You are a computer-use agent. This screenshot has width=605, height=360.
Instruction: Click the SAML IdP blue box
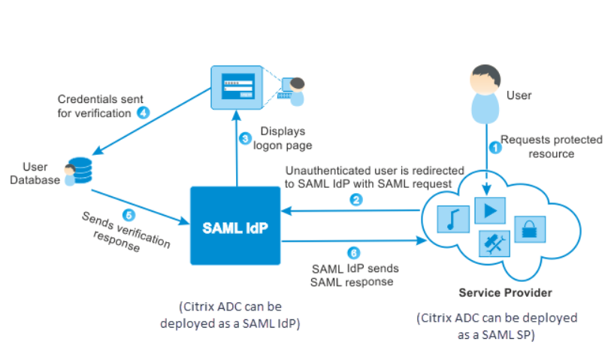pos(235,225)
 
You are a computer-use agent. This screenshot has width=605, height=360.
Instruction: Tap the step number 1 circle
pos(495,147)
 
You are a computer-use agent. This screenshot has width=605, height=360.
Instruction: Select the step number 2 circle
pos(355,199)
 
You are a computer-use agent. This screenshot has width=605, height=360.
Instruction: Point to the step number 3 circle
pos(245,138)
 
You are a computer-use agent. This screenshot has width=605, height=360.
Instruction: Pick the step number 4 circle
pos(144,113)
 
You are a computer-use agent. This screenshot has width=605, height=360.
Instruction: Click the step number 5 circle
pos(129,215)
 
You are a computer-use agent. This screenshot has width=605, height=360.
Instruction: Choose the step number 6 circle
pos(353,253)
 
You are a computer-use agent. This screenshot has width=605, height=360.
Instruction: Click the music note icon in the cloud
pos(453,219)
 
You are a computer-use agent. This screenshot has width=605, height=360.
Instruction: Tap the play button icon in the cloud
pos(490,210)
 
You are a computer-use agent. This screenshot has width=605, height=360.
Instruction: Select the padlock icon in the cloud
pos(530,229)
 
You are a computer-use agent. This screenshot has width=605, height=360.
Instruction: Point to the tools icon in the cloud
pos(495,244)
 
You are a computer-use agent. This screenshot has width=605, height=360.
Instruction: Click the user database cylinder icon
pos(80,170)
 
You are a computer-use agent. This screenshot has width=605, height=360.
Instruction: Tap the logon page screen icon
pos(237,88)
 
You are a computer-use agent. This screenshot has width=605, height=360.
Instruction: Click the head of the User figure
pos(485,80)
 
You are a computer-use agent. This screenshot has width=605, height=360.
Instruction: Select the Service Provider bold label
pos(505,293)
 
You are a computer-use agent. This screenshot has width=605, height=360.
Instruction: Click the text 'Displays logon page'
pos(283,138)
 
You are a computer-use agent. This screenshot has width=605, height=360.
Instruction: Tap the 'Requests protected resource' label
pos(551,147)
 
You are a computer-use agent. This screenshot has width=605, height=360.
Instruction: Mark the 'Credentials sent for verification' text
pos(100,106)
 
